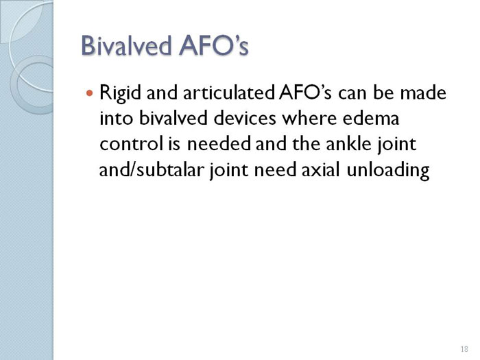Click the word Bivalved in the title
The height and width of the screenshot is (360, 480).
coord(126,46)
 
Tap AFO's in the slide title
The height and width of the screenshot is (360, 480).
coord(214,46)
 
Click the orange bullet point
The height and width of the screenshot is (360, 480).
coord(89,92)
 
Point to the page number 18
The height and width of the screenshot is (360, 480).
coord(464,349)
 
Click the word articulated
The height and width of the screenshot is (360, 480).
coord(228,93)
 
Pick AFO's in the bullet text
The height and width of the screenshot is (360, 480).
coord(305,93)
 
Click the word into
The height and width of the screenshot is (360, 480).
coord(117,118)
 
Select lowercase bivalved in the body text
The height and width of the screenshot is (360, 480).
coord(173,118)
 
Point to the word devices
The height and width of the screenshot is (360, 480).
coord(245,118)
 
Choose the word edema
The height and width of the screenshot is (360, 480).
coord(371,118)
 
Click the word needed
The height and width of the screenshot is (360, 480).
coord(219,143)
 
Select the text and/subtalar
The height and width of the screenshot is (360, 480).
coord(152,169)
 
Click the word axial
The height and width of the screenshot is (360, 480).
coord(321,169)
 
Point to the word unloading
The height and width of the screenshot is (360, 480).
coord(388,170)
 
